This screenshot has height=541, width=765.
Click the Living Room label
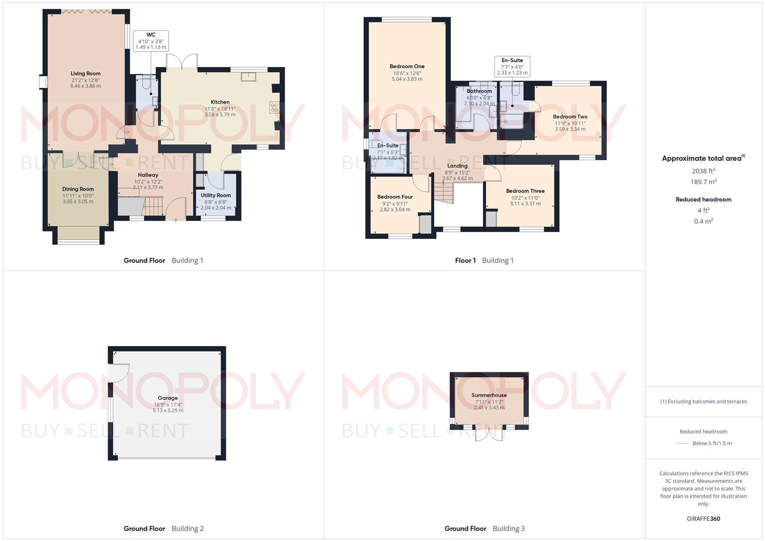pyautogui.click(x=85, y=74)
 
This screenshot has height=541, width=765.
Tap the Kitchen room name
pyautogui.click(x=220, y=102)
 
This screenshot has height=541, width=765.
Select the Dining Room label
pyautogui.click(x=78, y=189)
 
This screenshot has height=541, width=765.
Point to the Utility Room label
pyautogui.click(x=216, y=195)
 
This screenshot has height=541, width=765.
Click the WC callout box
pyautogui.click(x=151, y=41)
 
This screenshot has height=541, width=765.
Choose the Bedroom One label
pyautogui.click(x=407, y=67)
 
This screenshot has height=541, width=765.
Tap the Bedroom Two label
pyautogui.click(x=570, y=117)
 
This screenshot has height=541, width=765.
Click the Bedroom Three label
pyautogui.click(x=525, y=191)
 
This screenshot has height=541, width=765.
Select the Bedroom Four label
pyautogui.click(x=395, y=197)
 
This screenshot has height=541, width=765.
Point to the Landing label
pyautogui.click(x=457, y=166)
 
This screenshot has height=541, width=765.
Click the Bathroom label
pyautogui.click(x=479, y=91)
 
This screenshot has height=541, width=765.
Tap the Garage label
pyautogui.click(x=168, y=398)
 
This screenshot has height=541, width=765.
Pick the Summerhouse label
pyautogui.click(x=489, y=395)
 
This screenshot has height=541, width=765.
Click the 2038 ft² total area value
pyautogui.click(x=703, y=171)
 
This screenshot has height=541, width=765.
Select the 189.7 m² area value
pyautogui.click(x=703, y=182)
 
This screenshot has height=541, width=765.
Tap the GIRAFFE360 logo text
pyautogui.click(x=703, y=519)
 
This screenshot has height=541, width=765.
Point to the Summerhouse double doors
pyautogui.click(x=488, y=434)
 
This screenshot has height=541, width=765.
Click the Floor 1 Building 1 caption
pyautogui.click(x=484, y=260)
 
